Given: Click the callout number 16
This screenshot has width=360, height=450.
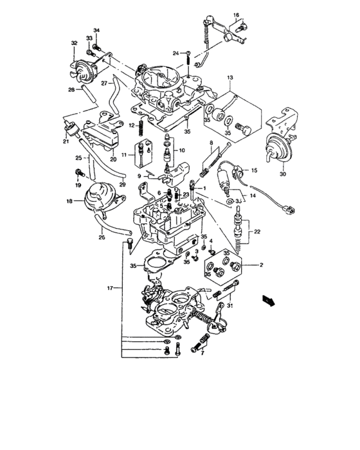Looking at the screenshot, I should pos(236,14).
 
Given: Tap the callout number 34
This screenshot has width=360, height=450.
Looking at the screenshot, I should pos(96,30).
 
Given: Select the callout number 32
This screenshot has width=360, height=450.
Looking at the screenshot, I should pos(74,44).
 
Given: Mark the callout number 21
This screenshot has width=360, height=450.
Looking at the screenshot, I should pos(66,141).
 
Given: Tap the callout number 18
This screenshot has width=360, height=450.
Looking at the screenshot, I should pos(70,201).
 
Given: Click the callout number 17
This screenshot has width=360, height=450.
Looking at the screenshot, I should pos(111,289).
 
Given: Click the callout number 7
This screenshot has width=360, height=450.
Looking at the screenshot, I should pos(202,353).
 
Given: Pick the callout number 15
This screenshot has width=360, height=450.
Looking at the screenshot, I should pos(253,170).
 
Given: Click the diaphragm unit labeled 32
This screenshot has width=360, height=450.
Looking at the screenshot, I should pos(83,68).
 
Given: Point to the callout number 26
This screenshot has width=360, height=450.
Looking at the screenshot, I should pos(101,237).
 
